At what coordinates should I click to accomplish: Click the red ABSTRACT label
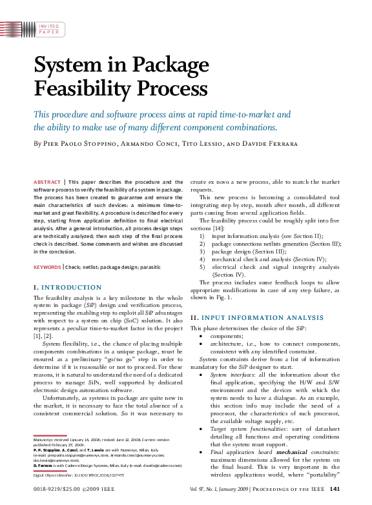point(48,183)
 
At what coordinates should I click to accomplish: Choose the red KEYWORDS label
point(47,266)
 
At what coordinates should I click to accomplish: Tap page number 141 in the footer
point(335,490)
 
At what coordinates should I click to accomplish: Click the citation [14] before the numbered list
point(220,228)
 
